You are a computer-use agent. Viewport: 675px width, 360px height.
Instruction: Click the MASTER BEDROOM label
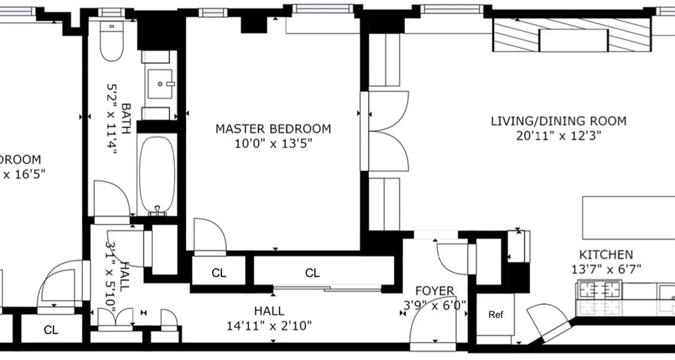pos(273,129)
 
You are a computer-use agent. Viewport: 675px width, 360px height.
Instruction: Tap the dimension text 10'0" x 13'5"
pos(273,144)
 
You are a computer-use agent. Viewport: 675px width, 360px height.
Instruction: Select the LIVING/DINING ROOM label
pos(558,121)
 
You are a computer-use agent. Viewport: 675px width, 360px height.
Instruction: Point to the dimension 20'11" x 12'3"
pos(558,135)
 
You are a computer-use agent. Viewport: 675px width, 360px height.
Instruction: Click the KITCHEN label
pos(606,255)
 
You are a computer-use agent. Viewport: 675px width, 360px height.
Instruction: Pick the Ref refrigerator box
pos(495,315)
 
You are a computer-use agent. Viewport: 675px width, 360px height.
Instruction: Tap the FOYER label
pos(434,291)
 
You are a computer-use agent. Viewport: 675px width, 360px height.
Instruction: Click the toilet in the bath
pos(112,43)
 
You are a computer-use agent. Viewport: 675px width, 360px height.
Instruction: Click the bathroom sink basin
pos(159,84)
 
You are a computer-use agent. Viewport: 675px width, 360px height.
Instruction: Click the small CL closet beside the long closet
pos(219,273)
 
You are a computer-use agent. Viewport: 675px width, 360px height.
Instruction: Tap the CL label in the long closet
pos(312,273)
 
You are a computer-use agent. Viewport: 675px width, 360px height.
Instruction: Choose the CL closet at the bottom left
pos(51,330)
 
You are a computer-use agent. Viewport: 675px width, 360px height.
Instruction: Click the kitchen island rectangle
pos(628,218)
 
